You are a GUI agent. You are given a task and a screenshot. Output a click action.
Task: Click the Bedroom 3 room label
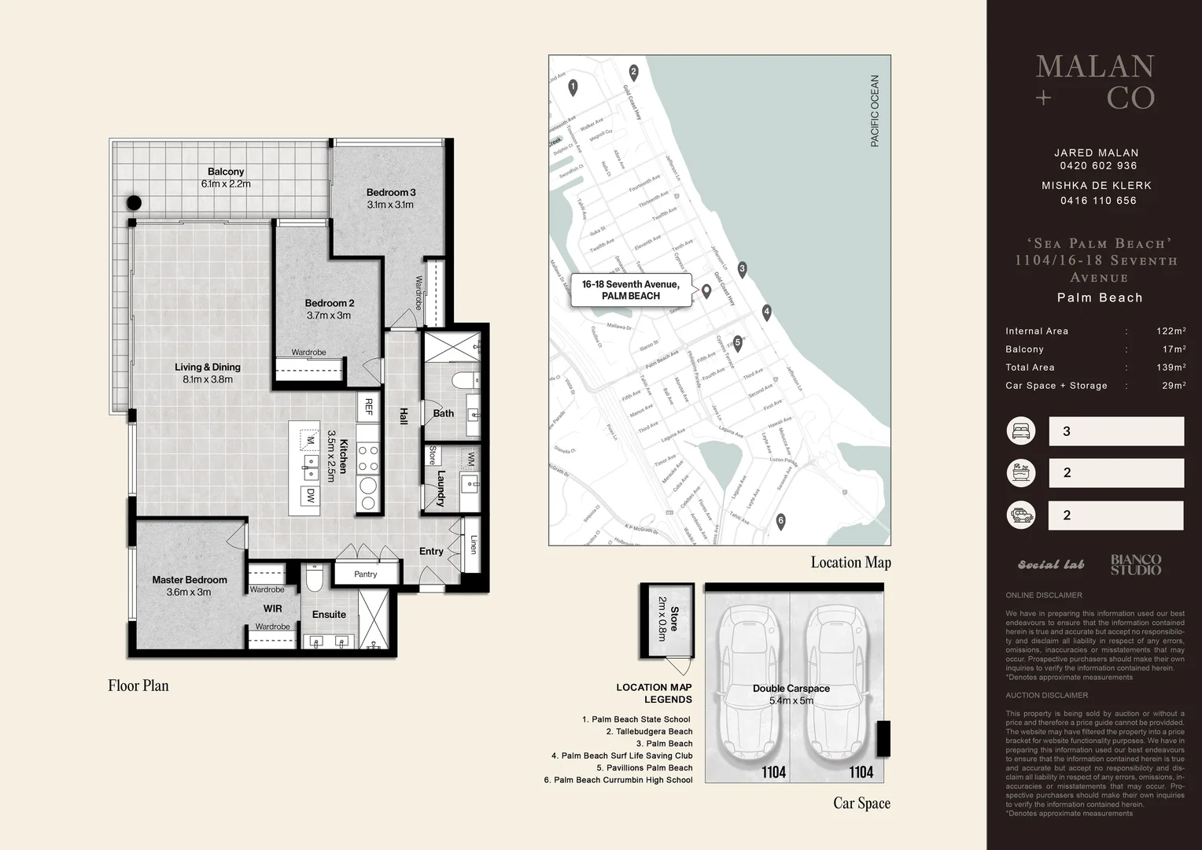point(391,192)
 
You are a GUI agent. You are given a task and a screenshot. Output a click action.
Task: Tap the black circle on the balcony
point(135,202)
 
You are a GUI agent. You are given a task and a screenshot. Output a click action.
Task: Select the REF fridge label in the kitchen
point(367,406)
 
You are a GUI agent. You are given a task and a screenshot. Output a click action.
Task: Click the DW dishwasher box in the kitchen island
point(311,496)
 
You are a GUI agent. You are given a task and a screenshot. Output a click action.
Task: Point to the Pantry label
point(365,574)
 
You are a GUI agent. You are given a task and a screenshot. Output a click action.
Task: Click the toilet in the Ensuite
point(314,580)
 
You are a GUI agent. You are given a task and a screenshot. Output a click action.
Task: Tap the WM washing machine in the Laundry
point(470,459)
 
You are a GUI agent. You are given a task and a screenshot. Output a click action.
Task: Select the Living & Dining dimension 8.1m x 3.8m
point(208,379)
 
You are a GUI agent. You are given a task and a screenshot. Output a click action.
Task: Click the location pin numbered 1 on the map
point(573,87)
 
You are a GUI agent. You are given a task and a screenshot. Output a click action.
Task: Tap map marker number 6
point(780,521)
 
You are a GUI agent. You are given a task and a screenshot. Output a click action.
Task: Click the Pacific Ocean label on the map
point(875,111)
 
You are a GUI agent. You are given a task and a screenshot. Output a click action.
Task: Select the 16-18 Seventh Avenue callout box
point(631,290)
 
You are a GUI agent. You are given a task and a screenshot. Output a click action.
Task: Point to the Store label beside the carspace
point(673,619)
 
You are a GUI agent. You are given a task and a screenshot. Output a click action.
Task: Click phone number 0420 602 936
point(1097,166)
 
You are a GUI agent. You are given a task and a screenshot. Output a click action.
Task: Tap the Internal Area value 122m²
point(1171,331)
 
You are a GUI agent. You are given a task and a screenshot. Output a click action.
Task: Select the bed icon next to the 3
point(1020,431)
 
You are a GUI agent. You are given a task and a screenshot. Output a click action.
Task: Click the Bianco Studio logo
point(1135,564)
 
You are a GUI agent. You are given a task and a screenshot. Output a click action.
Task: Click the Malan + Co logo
point(1095,82)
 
